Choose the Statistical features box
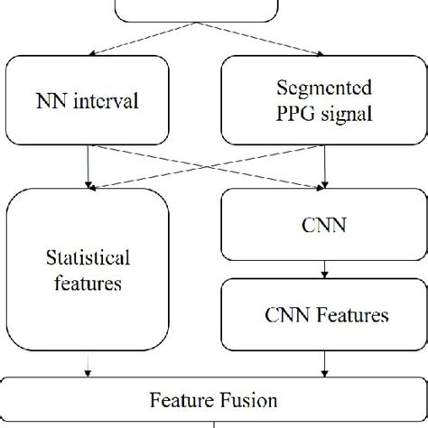point(88,271)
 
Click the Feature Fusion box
point(214,399)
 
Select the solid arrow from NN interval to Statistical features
point(88,168)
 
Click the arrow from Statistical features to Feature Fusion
point(88,366)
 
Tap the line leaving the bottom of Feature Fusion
point(213,423)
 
